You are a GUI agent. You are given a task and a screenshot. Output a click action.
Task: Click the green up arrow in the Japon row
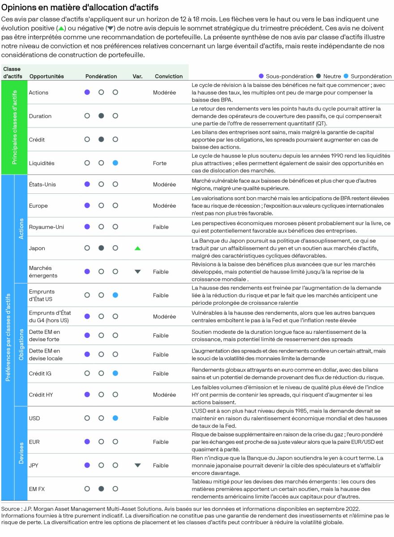137,248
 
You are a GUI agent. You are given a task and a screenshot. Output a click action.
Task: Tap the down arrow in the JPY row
137,465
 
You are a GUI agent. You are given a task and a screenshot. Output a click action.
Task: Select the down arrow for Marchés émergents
137,272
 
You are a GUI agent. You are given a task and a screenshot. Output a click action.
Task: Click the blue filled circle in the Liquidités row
115,163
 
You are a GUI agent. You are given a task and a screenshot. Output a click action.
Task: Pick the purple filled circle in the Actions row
87,92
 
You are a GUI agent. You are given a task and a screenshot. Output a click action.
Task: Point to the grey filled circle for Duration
101,116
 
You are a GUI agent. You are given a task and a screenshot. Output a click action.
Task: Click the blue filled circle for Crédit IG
115,373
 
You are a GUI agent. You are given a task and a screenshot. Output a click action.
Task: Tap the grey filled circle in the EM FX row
101,489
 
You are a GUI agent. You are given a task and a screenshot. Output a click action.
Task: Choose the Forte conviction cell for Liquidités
160,163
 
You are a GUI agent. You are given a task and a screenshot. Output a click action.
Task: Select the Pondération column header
101,77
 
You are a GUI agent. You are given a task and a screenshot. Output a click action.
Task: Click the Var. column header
137,77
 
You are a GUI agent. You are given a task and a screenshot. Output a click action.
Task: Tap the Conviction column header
169,77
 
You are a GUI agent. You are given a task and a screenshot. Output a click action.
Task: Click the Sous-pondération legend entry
286,77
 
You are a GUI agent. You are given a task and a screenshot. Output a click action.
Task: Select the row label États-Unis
42,184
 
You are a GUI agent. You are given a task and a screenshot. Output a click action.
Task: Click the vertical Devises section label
21,453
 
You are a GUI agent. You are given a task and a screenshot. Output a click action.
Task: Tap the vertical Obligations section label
21,345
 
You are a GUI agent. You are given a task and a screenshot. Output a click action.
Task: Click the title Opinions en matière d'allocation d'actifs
80,8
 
